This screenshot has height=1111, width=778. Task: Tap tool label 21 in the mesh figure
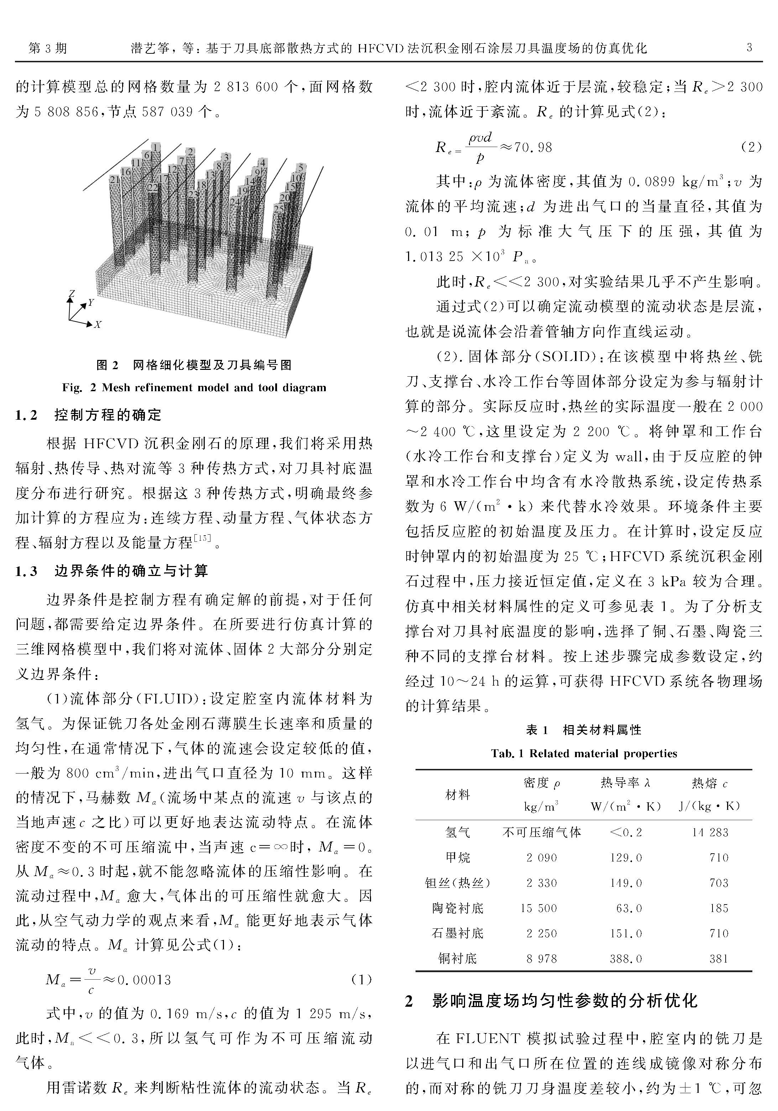point(114,179)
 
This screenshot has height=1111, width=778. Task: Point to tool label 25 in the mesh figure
point(279,209)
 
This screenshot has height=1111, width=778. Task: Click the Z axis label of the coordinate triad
point(71,294)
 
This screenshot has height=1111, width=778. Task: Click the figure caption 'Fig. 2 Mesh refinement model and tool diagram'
point(194,388)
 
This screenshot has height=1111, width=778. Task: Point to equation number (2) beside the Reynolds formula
point(751,147)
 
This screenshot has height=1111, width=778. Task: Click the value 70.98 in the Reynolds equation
point(533,147)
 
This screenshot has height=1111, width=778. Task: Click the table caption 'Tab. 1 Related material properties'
point(584,753)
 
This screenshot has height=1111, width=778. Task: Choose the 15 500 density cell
point(538,908)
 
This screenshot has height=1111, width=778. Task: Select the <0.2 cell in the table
point(626,832)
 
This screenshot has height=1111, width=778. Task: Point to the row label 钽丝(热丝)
point(458,882)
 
